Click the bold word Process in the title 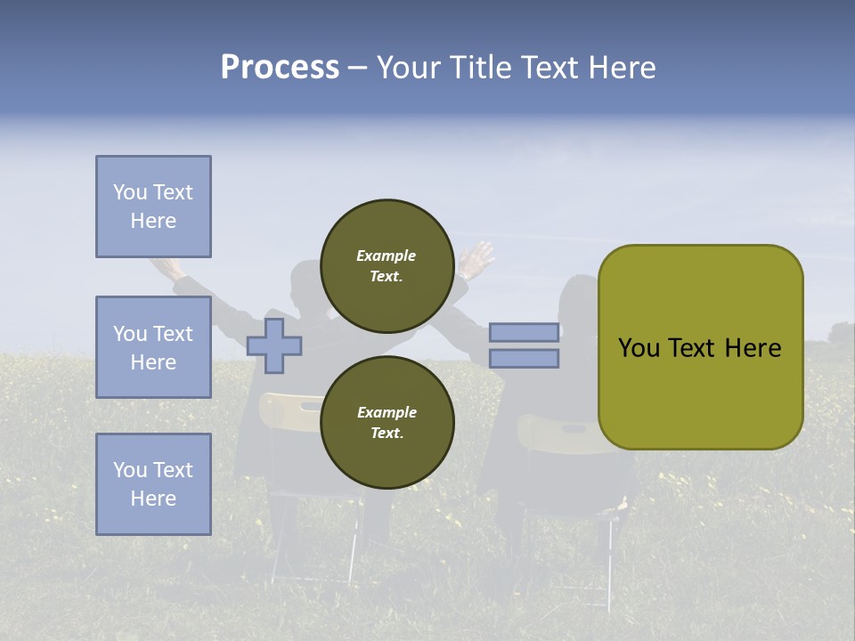[280, 68]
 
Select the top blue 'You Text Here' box [153, 207]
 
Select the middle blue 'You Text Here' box [153, 347]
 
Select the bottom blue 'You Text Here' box [153, 483]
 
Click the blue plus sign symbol [274, 345]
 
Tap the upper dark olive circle [387, 266]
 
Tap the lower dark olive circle [387, 423]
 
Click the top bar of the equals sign [524, 332]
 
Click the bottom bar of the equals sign [524, 359]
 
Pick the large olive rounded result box [700, 346]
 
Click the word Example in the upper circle [387, 256]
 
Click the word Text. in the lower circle [387, 434]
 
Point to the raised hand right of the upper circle [476, 260]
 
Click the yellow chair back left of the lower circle [289, 412]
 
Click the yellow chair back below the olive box [557, 436]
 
